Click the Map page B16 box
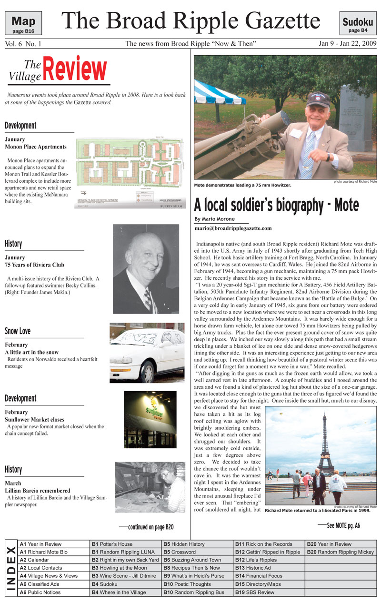tap(23, 23)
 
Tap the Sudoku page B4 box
tap(357, 23)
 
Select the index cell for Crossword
tap(197, 552)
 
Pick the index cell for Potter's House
tap(126, 544)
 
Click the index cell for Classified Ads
tap(53, 584)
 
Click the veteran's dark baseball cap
tap(318, 99)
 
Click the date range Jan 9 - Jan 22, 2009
tap(347, 44)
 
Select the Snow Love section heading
tap(18, 331)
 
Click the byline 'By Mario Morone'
tap(215, 219)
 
